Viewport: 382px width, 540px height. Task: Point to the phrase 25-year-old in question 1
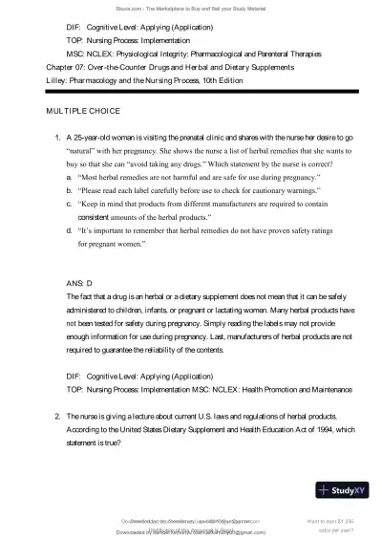coord(92,137)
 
